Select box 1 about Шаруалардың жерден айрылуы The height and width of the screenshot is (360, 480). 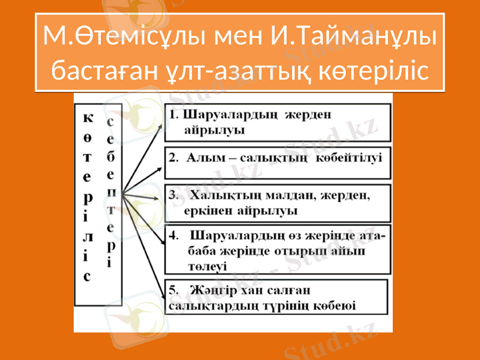[x=278, y=122]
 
